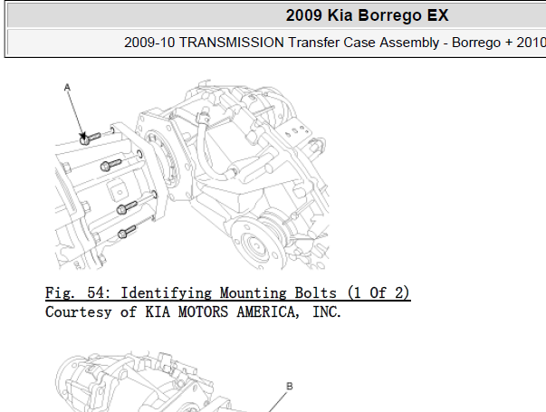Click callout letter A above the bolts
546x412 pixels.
coord(67,88)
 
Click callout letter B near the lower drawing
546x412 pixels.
coord(290,386)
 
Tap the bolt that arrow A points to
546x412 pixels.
coord(90,139)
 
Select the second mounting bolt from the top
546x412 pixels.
coord(110,165)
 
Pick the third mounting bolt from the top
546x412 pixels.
coord(128,207)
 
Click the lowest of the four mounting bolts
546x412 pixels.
coord(127,232)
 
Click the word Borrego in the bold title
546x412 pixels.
coord(390,15)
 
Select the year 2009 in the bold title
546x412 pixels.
coord(303,15)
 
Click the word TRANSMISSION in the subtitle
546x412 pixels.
coord(232,43)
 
